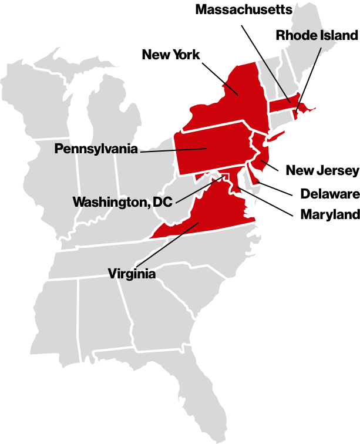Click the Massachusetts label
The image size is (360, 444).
point(243,9)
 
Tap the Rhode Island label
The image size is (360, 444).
point(317,35)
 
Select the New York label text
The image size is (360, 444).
point(171,55)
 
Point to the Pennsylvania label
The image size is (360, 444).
point(96,149)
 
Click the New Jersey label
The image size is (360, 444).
point(322,170)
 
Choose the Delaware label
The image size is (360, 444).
point(329,193)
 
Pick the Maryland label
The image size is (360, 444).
point(329,214)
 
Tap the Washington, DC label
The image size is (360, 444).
point(122,202)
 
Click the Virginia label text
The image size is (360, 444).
point(132,274)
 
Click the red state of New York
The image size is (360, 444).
point(229,100)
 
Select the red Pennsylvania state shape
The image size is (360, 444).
point(211,150)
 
